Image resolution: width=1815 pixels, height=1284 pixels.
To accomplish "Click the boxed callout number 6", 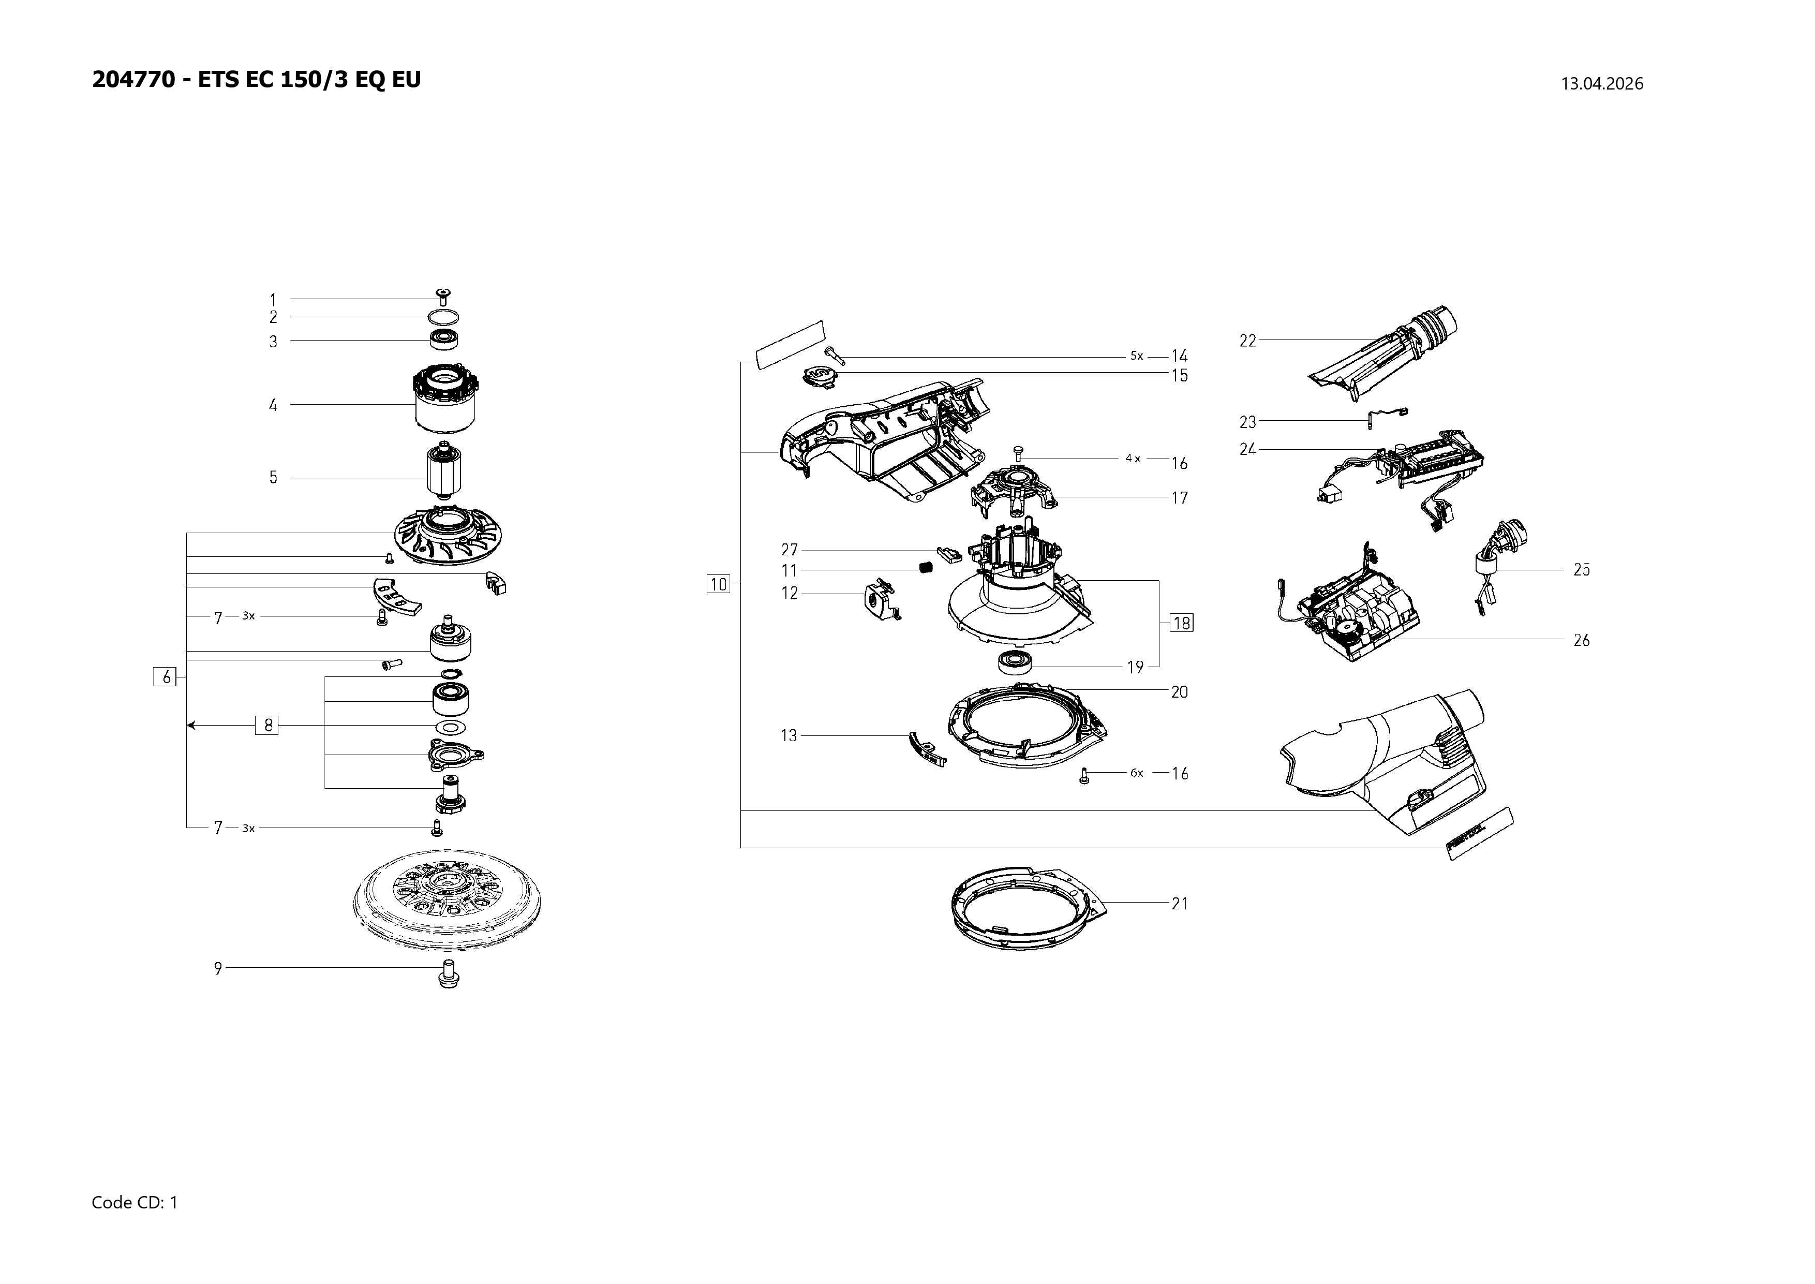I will tap(165, 677).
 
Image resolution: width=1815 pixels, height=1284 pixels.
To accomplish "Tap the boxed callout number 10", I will tap(718, 584).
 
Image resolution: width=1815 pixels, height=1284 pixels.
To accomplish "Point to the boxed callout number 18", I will tap(1181, 623).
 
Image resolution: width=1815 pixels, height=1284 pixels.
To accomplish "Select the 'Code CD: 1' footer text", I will tap(135, 1203).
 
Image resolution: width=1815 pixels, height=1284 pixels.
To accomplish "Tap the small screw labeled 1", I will tap(443, 297).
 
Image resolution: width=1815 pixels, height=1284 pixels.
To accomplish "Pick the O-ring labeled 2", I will tap(444, 318).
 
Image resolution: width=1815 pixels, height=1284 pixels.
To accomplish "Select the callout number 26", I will tap(1581, 640).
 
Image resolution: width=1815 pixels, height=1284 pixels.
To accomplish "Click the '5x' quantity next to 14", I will tap(1136, 356).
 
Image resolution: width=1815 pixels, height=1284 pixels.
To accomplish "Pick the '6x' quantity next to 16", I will tap(1136, 773).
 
